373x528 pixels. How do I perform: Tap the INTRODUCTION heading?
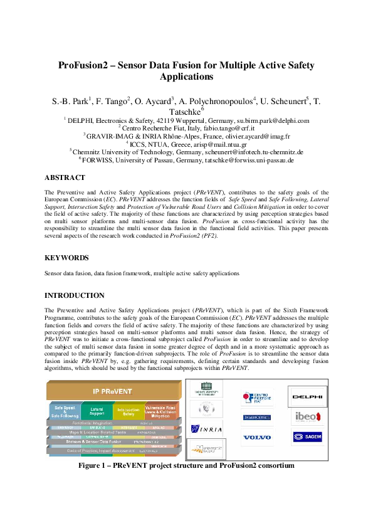coord(75,295)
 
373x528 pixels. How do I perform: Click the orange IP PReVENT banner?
coord(113,392)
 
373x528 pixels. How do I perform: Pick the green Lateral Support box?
coord(96,412)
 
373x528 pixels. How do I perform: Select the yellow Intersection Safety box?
coord(129,412)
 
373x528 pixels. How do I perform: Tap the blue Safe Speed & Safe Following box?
coord(65,412)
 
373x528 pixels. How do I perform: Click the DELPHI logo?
coord(308,396)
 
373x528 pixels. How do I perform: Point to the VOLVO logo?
coord(257,436)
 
